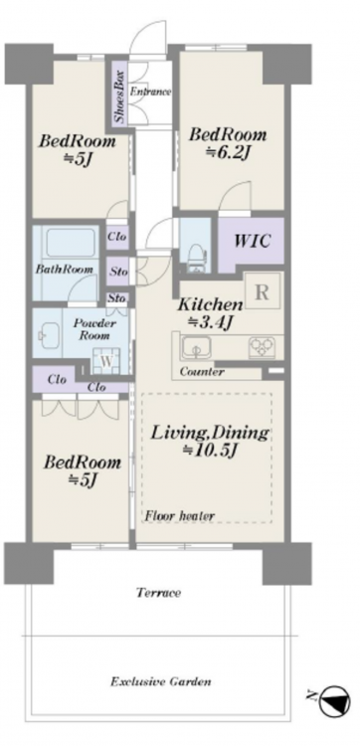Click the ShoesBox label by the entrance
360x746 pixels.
(x=120, y=97)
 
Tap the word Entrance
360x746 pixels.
(x=150, y=92)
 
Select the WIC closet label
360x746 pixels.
(x=252, y=241)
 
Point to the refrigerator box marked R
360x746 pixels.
(x=262, y=291)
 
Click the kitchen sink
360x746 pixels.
(x=196, y=348)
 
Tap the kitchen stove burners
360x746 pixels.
(x=262, y=347)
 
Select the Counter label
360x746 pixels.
(x=202, y=372)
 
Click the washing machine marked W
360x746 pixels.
(x=106, y=361)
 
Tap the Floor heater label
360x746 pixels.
(x=180, y=515)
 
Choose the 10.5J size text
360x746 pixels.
(x=210, y=450)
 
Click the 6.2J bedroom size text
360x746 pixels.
(x=228, y=152)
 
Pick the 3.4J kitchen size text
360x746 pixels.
(x=210, y=322)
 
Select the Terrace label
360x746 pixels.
(x=158, y=593)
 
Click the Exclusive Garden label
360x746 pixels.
(x=161, y=681)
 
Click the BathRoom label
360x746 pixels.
(x=65, y=269)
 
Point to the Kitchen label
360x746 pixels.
(x=210, y=304)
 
